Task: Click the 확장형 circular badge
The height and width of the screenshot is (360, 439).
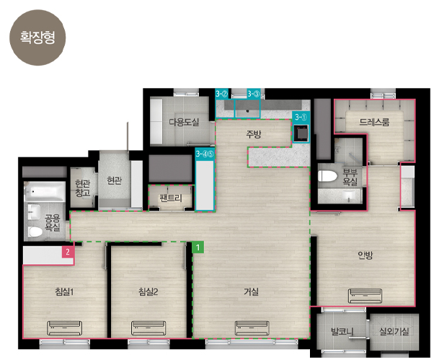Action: tap(37, 38)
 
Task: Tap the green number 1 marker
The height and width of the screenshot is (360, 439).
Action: tap(198, 247)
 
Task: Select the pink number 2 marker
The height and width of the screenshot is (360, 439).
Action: tap(68, 252)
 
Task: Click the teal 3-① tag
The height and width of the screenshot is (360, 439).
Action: tap(301, 117)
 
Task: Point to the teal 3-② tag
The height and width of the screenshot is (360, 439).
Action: tap(222, 94)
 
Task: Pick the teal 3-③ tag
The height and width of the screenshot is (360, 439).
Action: tap(254, 94)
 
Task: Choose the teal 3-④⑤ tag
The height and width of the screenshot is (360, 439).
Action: tap(205, 154)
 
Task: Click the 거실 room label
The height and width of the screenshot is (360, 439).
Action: tap(251, 291)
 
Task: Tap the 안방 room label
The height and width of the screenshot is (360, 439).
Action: tap(365, 255)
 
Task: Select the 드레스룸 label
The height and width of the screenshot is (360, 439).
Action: tap(374, 122)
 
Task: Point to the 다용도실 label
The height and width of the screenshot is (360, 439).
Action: tap(184, 122)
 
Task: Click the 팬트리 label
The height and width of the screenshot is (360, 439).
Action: tap(171, 198)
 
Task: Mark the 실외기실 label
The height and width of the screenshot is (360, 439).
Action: tap(394, 331)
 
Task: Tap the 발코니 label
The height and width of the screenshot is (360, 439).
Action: tap(342, 332)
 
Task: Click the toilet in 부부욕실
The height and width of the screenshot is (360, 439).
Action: tap(327, 176)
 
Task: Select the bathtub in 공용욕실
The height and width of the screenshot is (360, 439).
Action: tap(45, 191)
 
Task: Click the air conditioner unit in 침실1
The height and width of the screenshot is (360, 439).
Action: tap(65, 328)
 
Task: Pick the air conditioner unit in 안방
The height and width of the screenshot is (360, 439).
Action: tap(365, 296)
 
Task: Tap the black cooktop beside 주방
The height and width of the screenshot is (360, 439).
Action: tap(301, 133)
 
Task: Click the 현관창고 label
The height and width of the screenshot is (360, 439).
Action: tap(82, 188)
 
